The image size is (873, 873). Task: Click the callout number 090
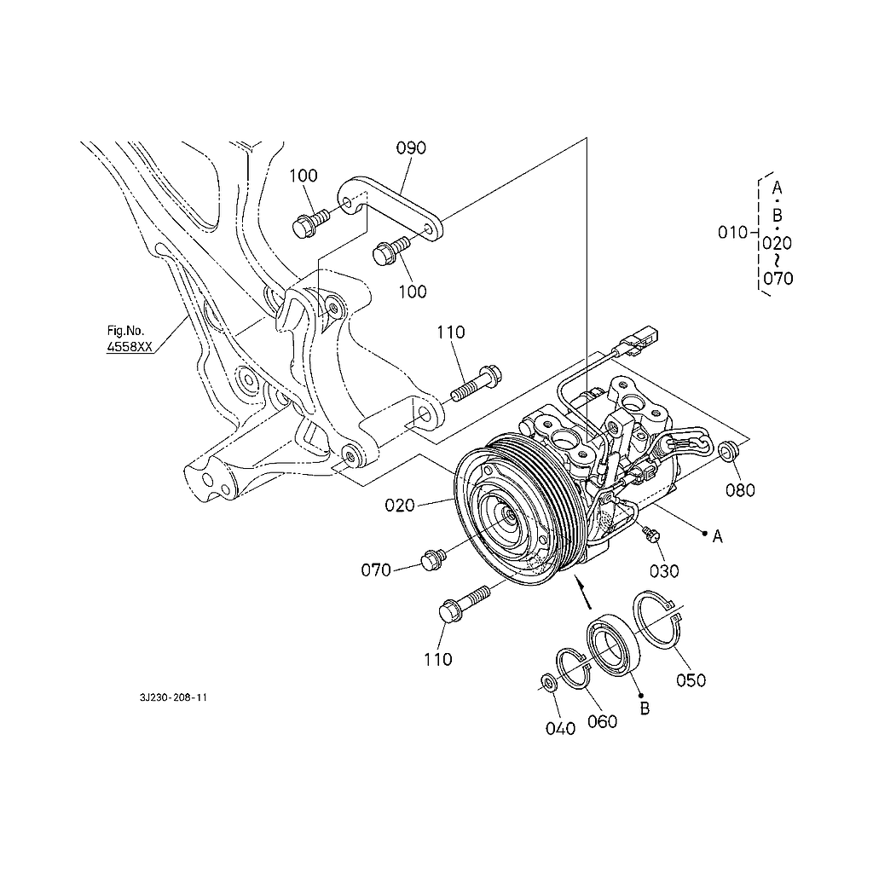coord(411,148)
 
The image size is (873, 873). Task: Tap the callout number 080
coord(740,490)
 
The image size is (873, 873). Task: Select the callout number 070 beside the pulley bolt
coord(376,570)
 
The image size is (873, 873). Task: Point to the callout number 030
coord(664,571)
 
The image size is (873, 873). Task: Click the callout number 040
coord(560,729)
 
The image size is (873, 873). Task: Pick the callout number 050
coord(691,680)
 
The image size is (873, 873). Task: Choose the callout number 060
coord(603,722)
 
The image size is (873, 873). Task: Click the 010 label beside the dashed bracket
coord(732,233)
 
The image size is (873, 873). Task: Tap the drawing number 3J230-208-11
coord(173,697)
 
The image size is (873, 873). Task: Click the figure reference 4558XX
coord(130,347)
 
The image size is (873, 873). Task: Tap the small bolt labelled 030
coord(650,535)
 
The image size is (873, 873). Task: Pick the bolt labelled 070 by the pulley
coord(434,559)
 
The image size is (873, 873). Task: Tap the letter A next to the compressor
coord(718,537)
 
